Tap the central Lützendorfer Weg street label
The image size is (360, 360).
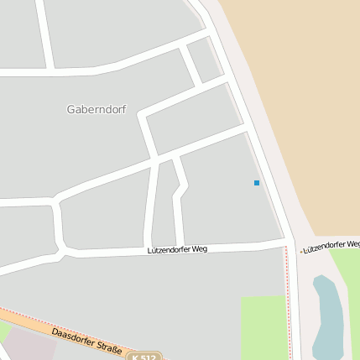[x=176, y=249]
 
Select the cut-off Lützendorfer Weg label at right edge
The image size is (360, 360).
[x=331, y=248]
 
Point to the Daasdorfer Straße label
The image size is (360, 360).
[x=86, y=341]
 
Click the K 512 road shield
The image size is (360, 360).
[x=143, y=356]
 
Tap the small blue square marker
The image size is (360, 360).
[x=257, y=183]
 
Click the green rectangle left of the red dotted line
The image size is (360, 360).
[x=263, y=327]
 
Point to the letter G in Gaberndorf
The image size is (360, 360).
[x=70, y=109]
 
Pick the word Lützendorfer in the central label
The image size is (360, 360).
[x=168, y=249]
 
